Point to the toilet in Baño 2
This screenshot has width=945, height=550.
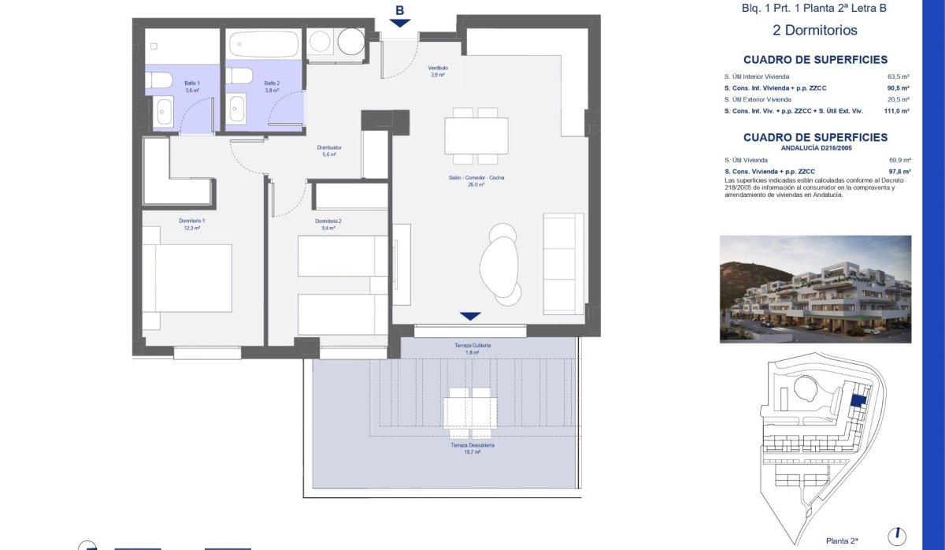tap(239, 76)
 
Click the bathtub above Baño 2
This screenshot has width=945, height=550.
tap(263, 44)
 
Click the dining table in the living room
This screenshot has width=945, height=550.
tap(476, 136)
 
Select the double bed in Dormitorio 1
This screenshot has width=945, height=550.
tap(187, 277)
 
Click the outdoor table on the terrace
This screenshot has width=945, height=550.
tap(470, 412)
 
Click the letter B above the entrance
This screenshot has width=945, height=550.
tap(400, 10)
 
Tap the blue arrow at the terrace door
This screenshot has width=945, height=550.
tap(470, 316)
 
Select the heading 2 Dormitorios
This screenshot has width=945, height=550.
tap(815, 31)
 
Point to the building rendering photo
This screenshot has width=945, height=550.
tap(815, 289)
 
